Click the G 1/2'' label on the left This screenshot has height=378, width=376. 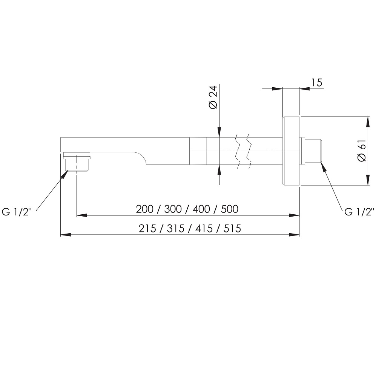tap(17, 212)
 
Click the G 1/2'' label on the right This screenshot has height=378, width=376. tap(359, 212)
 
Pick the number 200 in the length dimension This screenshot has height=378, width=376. tap(144, 209)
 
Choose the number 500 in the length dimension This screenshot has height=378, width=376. tap(230, 209)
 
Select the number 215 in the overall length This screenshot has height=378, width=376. tap(147, 228)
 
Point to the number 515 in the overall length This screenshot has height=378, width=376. tap(232, 228)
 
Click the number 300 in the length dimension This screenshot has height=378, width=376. tap(173, 209)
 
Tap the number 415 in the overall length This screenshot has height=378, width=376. tap(204, 228)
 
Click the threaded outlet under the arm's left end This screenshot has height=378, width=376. tap(77, 162)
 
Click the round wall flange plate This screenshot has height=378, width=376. tap(291, 151)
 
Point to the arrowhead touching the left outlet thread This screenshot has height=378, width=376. tap(64, 174)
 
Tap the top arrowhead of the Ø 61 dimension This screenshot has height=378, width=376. tap(368, 122)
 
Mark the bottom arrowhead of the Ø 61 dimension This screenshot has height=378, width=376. tap(368, 180)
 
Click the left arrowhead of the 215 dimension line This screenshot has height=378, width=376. tap(66, 235)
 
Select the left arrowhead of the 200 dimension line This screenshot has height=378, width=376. tap(82, 215)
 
